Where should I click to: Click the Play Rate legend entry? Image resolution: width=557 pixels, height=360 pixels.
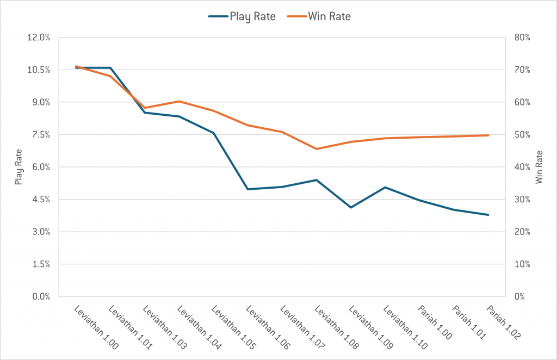[x=242, y=16]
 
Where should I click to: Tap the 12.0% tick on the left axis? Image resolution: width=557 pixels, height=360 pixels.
[x=40, y=38]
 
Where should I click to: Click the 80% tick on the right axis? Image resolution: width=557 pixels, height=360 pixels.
[x=521, y=38]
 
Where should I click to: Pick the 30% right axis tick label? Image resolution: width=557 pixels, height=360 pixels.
[x=521, y=200]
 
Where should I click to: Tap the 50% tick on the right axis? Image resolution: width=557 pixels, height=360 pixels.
[x=521, y=135]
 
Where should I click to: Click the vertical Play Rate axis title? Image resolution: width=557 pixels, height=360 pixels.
[x=18, y=167]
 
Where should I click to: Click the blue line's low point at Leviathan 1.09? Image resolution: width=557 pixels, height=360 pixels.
[x=351, y=207]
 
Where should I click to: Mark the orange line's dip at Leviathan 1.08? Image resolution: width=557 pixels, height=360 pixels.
[x=317, y=149]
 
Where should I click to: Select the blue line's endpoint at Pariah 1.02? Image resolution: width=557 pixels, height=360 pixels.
[x=488, y=215]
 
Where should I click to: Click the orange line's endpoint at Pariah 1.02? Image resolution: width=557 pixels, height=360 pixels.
[x=488, y=135]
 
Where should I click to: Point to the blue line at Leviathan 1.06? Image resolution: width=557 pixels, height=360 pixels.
[x=247, y=189]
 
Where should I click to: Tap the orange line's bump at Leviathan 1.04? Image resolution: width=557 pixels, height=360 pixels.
[x=179, y=101]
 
